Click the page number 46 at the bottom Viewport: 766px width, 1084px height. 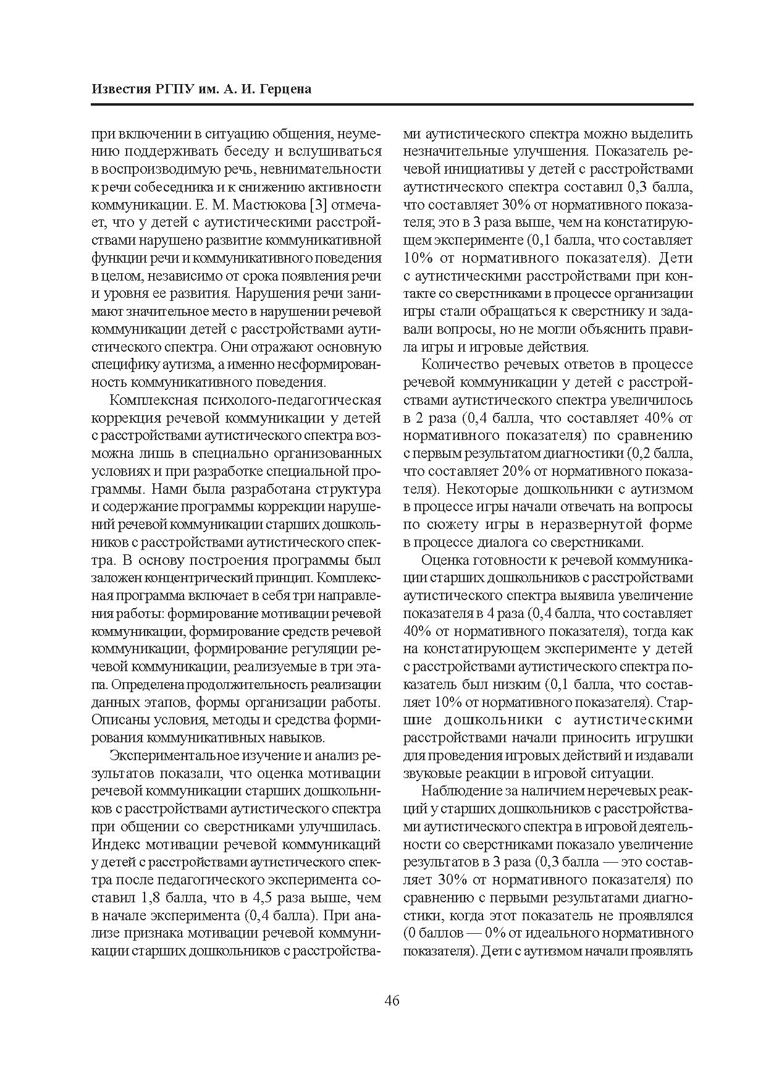[x=392, y=1001]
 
